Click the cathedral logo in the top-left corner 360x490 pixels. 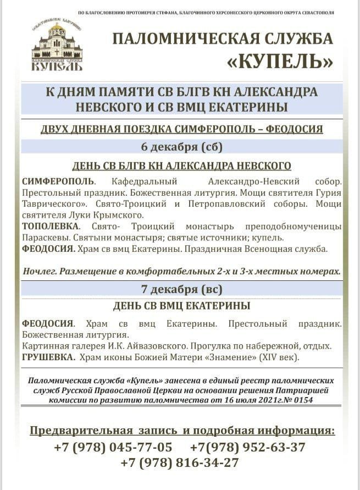(x=57, y=47)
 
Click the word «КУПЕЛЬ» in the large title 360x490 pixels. (x=280, y=62)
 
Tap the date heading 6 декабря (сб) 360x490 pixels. (x=181, y=147)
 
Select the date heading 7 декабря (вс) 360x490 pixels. (x=181, y=289)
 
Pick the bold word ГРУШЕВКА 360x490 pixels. (x=48, y=357)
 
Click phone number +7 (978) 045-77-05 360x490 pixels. (x=113, y=447)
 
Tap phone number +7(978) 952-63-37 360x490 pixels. (x=247, y=447)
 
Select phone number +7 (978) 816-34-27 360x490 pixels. (x=180, y=463)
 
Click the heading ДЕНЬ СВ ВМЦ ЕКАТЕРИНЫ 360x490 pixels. (x=181, y=306)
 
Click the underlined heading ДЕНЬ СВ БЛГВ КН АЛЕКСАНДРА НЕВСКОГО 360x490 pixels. (x=181, y=166)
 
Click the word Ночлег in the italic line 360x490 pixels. (x=40, y=272)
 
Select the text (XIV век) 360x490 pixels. (x=278, y=357)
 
